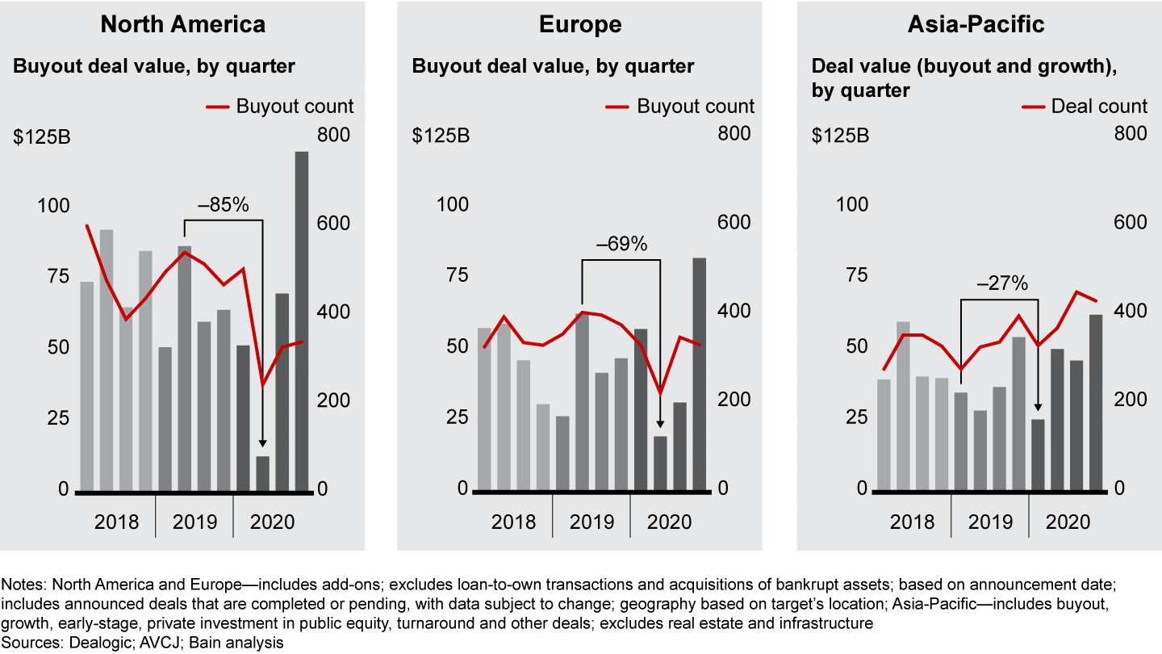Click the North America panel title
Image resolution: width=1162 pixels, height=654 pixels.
point(182,24)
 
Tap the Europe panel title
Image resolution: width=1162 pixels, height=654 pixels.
point(580,24)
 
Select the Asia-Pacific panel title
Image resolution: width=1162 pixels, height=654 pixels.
point(976,24)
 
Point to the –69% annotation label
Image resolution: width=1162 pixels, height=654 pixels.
point(621,244)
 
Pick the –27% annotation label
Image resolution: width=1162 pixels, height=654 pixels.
point(1001,283)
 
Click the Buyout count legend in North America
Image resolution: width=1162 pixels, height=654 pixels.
point(295,106)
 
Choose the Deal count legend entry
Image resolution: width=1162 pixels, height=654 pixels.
point(1098,106)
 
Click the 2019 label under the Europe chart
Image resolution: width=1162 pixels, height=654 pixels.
point(591,522)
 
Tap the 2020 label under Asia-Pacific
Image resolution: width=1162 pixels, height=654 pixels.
point(1068,522)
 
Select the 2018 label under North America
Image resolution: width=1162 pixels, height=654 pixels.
point(116,522)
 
